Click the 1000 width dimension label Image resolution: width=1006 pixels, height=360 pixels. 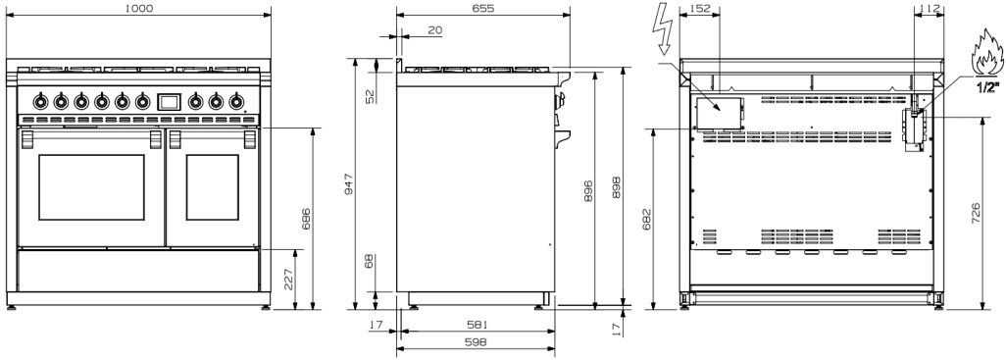click(x=138, y=8)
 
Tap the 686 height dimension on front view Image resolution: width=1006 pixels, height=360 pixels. click(x=306, y=220)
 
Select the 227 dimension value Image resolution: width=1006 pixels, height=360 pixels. click(x=288, y=280)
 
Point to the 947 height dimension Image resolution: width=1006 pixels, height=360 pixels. click(x=348, y=183)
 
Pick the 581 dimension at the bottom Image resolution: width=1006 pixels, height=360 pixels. click(x=477, y=326)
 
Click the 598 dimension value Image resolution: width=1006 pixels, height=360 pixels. click(x=476, y=342)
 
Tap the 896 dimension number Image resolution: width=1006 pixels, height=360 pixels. click(x=588, y=191)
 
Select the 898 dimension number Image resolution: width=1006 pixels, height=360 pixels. click(x=617, y=186)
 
